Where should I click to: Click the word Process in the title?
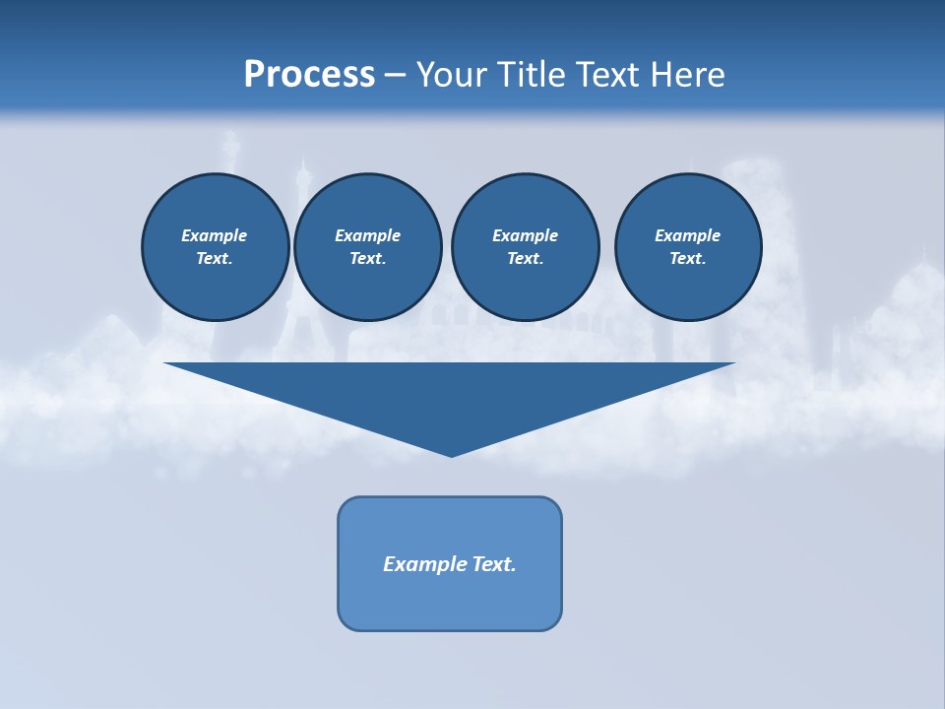309,75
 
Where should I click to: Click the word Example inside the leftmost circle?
215,235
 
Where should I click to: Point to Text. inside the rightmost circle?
688,258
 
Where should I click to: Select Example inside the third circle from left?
525,235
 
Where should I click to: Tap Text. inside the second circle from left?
368,258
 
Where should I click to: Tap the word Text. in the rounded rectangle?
495,564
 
